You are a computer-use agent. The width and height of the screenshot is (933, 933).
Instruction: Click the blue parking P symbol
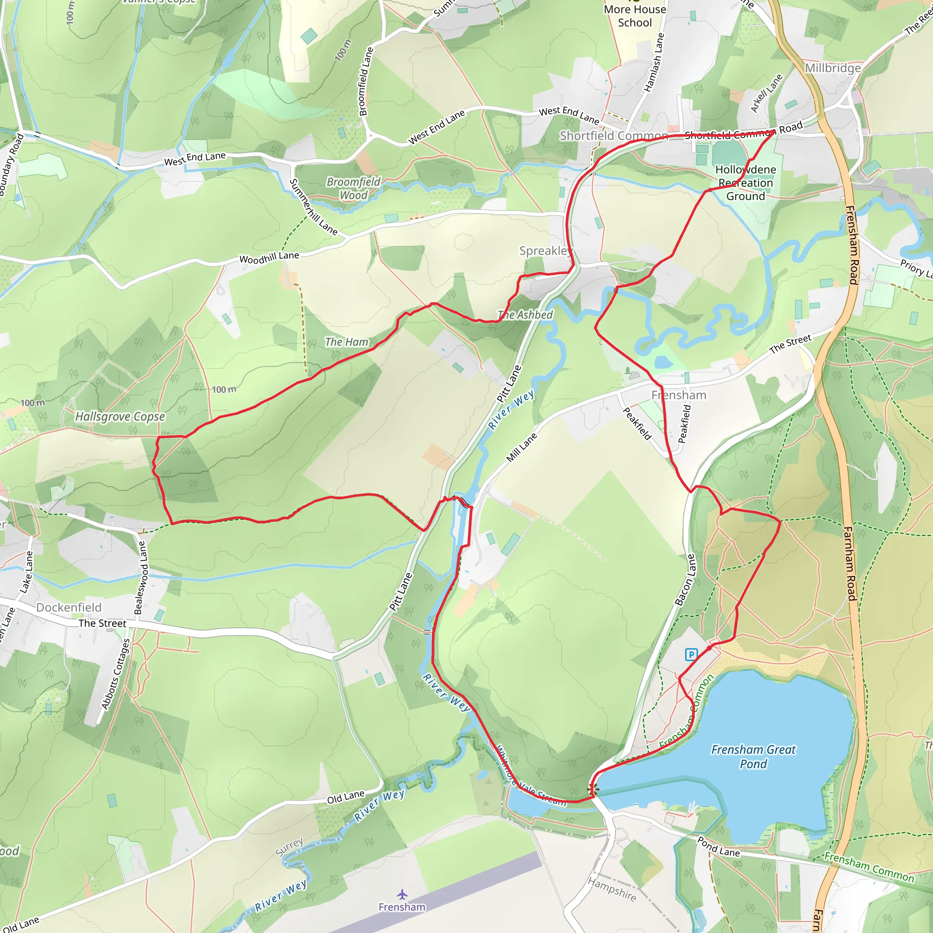coord(691,654)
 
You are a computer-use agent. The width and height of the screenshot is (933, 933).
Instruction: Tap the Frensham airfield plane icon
coord(402,894)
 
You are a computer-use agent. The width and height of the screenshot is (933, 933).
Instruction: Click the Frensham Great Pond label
coord(754,756)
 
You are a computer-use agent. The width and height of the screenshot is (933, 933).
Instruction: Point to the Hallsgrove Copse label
coord(120,416)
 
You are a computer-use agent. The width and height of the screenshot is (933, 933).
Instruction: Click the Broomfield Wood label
coord(354,188)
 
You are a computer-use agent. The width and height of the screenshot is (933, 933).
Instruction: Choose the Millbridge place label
coord(833,68)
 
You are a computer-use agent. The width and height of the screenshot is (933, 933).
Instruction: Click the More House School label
coord(635,16)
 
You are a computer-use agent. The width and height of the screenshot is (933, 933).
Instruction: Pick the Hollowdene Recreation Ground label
coord(746,183)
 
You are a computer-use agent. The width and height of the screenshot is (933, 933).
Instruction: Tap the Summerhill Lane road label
coord(313,207)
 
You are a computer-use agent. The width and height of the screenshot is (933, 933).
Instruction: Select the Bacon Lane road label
coord(685,579)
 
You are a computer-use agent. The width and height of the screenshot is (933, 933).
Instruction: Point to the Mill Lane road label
coord(522,447)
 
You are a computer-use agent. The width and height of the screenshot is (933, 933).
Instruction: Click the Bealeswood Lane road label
coord(140,578)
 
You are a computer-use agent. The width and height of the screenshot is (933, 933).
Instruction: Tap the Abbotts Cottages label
coord(116,674)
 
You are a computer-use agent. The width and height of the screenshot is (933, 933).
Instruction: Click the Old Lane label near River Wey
coord(345,797)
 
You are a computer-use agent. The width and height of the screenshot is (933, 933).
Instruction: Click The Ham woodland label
coord(346,342)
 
